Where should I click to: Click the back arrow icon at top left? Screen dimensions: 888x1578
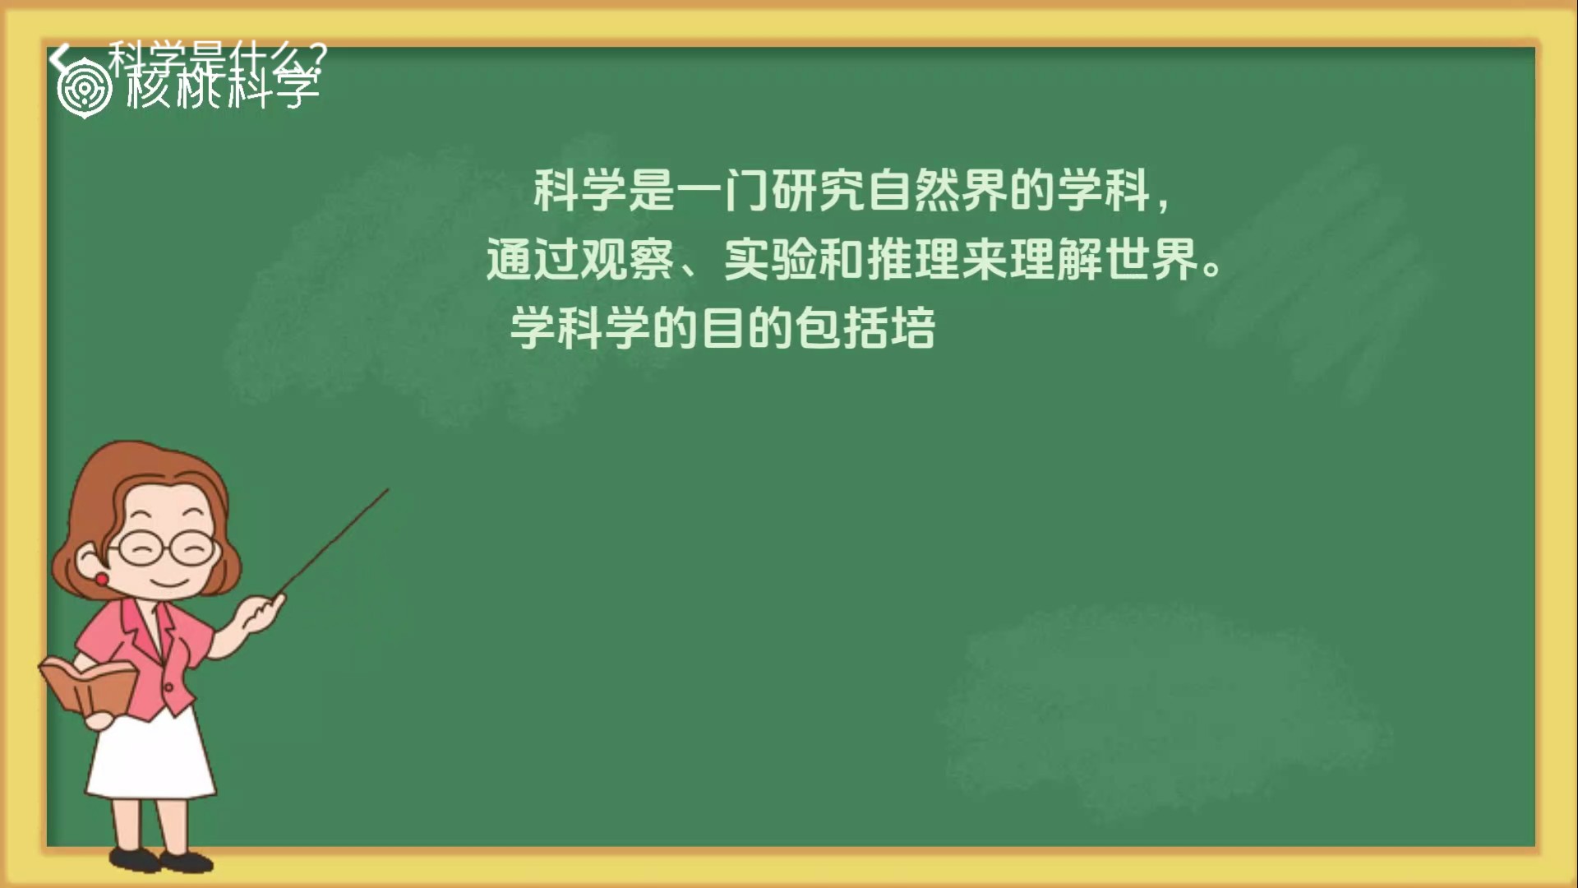tap(58, 58)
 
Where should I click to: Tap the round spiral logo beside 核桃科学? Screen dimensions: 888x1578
tap(84, 89)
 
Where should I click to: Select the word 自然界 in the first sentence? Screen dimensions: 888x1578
tap(937, 191)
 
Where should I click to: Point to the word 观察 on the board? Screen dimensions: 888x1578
tap(628, 260)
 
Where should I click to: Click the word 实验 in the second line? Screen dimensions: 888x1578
tap(771, 260)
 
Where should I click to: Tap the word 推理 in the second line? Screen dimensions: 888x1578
tap(914, 260)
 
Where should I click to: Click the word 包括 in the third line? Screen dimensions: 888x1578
tap(842, 329)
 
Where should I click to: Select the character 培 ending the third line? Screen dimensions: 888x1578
tap(913, 329)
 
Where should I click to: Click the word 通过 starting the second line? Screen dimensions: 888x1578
tap(533, 260)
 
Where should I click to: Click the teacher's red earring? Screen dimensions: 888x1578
tap(101, 580)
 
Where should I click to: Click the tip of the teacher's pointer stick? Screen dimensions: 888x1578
tap(386, 491)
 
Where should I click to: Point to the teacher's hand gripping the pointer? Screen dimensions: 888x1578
tap(263, 613)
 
